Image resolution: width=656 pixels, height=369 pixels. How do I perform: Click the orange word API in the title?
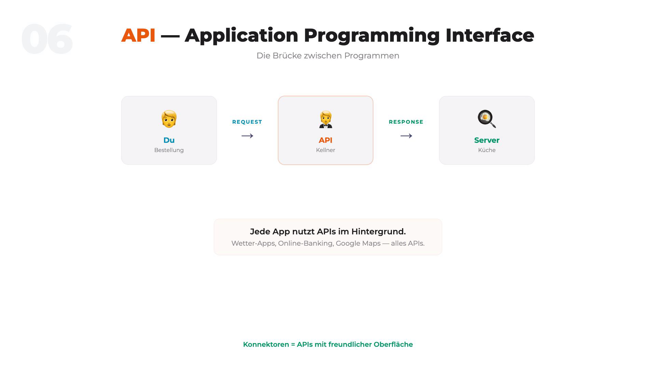tap(138, 35)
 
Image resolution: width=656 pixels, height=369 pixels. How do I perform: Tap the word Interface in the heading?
tap(490, 35)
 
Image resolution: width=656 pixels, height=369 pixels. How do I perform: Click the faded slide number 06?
tap(47, 39)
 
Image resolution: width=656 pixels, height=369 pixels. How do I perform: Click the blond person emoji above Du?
tap(169, 119)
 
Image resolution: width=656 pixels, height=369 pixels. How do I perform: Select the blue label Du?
tap(169, 140)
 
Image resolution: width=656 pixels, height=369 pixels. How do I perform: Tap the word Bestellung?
tap(169, 150)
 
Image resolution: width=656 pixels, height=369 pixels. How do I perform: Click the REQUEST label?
tap(247, 122)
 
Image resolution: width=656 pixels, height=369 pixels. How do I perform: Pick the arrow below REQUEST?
tap(247, 136)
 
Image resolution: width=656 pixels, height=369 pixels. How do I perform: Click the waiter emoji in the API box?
tap(326, 119)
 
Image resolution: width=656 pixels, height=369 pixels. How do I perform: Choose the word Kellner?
tap(326, 150)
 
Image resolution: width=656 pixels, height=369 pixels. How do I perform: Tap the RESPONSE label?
tap(406, 122)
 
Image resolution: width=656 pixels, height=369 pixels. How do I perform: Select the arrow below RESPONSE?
tap(406, 136)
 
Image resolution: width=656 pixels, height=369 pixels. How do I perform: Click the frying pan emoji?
tap(487, 119)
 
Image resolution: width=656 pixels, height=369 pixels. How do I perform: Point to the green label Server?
tap(487, 140)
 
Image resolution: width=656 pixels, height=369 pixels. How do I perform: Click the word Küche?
tap(487, 150)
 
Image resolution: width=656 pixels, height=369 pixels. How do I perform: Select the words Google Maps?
tap(358, 243)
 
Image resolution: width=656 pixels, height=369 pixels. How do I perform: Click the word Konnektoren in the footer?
tap(266, 344)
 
